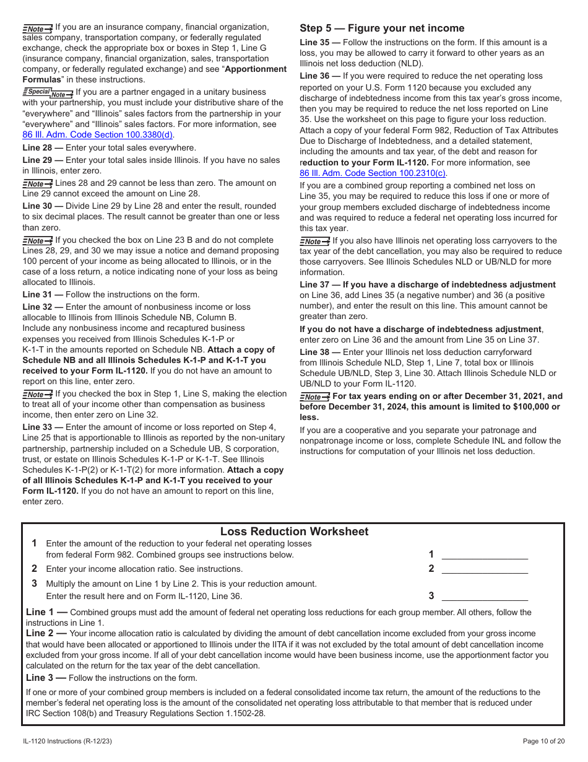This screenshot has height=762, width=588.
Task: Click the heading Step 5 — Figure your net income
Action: pos(381,28)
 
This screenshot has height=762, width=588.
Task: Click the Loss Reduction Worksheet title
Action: pos(294,532)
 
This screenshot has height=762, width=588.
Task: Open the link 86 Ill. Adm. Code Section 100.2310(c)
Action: pos(373,173)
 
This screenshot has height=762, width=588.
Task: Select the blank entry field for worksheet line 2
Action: pos(485,568)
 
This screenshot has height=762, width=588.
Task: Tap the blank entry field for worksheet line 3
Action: pos(485,595)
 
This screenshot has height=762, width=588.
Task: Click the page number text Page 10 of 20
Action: pos(543,741)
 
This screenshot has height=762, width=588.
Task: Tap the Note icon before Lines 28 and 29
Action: pos(37,183)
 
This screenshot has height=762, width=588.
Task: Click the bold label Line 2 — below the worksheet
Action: pos(46,633)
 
